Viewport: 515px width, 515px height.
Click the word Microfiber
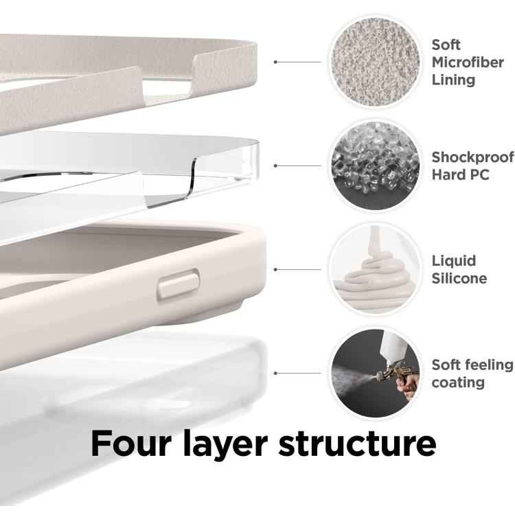[468, 62]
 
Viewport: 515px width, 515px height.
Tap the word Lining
[453, 80]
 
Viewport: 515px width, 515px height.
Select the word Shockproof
[472, 158]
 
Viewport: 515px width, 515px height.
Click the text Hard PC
[461, 174]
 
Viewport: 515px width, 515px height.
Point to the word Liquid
[454, 262]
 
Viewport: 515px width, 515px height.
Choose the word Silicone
[459, 279]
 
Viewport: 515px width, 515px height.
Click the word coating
[458, 383]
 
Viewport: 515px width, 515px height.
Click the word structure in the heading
[357, 444]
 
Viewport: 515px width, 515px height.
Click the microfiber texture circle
[376, 62]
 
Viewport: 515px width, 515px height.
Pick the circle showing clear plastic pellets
[376, 165]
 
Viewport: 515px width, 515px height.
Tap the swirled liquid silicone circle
[376, 269]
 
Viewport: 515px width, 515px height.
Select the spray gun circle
[376, 373]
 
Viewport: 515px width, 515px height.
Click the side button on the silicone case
[179, 284]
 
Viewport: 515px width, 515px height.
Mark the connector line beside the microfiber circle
[297, 62]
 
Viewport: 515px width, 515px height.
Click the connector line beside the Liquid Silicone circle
[297, 269]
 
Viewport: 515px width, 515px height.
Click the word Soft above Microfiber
[446, 45]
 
